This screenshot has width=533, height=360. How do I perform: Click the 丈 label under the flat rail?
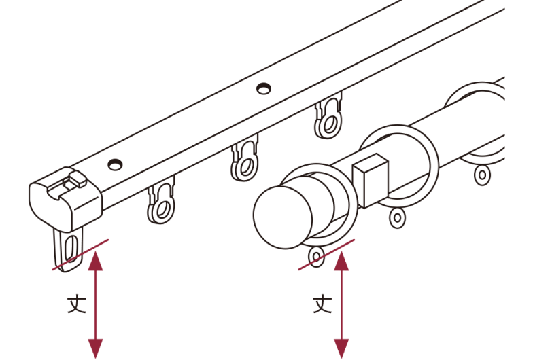[x=76, y=304]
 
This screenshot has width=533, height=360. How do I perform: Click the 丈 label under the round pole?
[x=322, y=304]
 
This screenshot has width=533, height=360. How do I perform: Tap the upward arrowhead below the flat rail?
[x=95, y=261]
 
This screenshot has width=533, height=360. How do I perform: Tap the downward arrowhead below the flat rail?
[x=95, y=349]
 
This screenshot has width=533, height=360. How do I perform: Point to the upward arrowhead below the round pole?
[x=341, y=261]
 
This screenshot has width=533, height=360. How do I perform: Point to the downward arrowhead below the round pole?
[x=341, y=349]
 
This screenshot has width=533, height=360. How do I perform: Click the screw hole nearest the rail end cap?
[x=115, y=164]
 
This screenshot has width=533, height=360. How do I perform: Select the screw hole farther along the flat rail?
[x=264, y=88]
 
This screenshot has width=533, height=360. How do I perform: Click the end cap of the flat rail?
[x=65, y=198]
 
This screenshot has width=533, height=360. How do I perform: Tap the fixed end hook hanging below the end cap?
[x=68, y=249]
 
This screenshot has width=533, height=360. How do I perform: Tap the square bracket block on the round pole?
[x=370, y=181]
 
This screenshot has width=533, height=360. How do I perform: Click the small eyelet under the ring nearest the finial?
[x=317, y=257]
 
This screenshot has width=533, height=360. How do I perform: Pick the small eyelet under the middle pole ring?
[x=397, y=217]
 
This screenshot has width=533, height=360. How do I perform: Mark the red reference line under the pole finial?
[x=326, y=255]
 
